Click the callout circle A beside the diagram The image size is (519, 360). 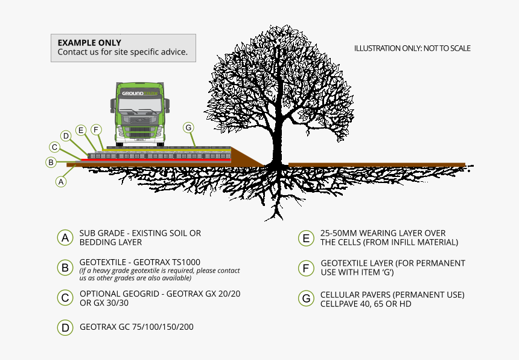(x=60, y=181)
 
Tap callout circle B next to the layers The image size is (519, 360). (x=51, y=162)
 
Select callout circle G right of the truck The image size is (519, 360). (x=188, y=127)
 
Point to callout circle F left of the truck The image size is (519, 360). (x=95, y=130)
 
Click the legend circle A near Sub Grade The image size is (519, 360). (x=65, y=237)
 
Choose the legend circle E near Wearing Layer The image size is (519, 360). (x=306, y=238)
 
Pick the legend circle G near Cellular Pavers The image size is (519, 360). (x=306, y=298)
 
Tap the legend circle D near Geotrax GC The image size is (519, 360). (x=65, y=327)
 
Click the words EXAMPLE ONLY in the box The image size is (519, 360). (x=89, y=43)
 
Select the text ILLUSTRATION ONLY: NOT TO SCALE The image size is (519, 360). (x=412, y=48)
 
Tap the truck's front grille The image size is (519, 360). (x=139, y=129)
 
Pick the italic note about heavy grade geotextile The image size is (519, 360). (x=159, y=274)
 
